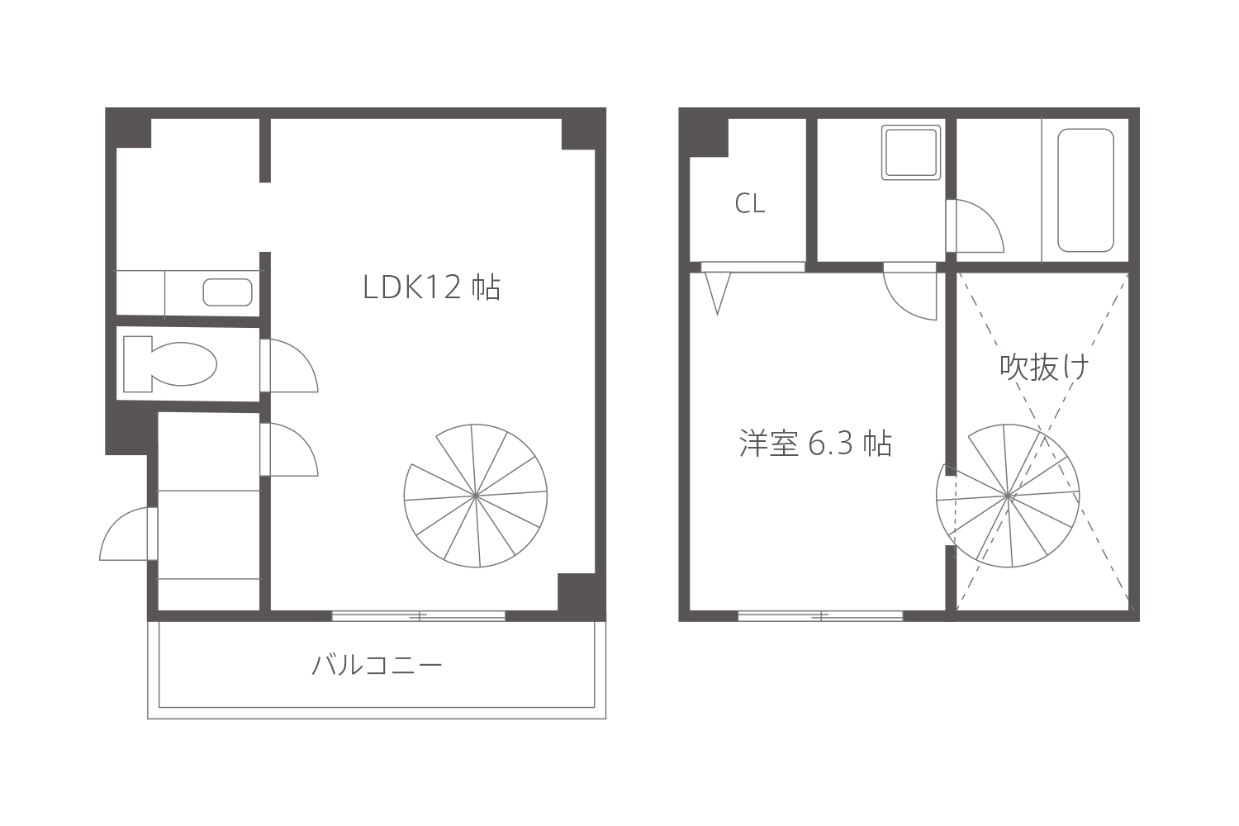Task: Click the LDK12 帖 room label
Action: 431,287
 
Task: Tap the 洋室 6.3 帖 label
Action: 815,444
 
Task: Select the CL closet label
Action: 749,203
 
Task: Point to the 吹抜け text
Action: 1044,367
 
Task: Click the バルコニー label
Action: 377,664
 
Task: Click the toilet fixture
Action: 170,364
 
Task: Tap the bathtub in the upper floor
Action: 1085,190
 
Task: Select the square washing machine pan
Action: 910,152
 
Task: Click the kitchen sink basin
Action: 227,292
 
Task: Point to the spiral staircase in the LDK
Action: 476,496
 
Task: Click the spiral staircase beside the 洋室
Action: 1008,496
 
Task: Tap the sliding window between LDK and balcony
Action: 419,615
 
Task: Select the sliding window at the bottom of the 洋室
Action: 820,615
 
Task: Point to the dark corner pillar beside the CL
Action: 704,133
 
